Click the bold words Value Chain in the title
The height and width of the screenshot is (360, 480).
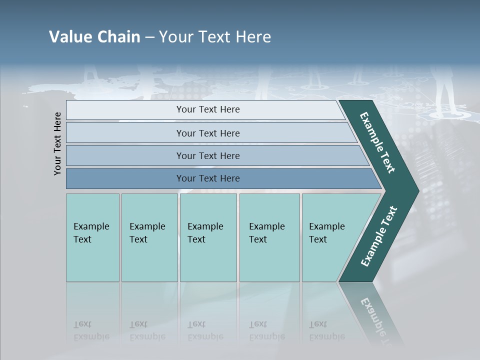tap(94, 37)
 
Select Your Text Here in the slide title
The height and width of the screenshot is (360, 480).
tap(215, 37)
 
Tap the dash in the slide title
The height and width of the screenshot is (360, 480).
tap(149, 37)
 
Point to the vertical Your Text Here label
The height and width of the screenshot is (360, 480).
tap(57, 143)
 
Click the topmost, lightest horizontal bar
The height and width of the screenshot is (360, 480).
tap(207, 109)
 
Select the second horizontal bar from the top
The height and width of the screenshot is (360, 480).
tap(207, 133)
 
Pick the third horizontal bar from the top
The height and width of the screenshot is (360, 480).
tap(207, 155)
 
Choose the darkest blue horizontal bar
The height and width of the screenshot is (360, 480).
tap(207, 178)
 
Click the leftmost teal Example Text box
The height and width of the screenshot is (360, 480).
tap(92, 237)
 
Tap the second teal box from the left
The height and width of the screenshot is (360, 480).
tap(149, 237)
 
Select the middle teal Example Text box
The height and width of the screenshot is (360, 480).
tap(208, 237)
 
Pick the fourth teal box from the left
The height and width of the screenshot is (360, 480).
tap(269, 237)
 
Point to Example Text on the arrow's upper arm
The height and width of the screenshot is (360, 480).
tap(378, 142)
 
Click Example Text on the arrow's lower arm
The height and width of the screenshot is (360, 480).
tap(378, 236)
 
